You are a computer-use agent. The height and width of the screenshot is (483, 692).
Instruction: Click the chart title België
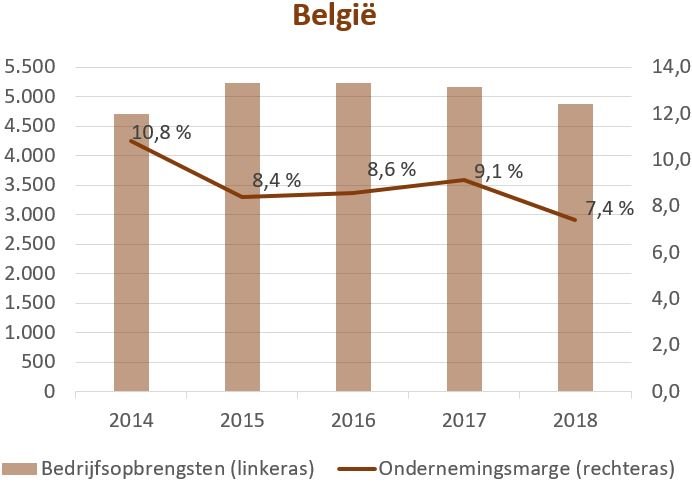(x=334, y=17)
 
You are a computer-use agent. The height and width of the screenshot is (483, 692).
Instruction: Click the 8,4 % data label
(x=276, y=181)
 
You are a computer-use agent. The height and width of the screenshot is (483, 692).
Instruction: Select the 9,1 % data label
(x=498, y=171)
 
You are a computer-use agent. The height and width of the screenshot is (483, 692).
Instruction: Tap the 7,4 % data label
(x=609, y=209)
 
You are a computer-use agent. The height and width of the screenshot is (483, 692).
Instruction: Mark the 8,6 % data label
(x=391, y=169)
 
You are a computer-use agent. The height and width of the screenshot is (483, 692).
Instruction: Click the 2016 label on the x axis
(x=353, y=420)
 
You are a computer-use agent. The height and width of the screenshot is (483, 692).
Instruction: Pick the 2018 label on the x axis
(x=575, y=420)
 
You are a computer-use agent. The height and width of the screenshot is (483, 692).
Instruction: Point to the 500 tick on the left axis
(x=37, y=362)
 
